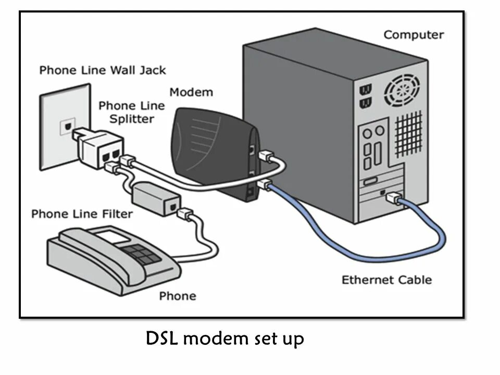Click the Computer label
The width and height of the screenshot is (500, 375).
point(414,35)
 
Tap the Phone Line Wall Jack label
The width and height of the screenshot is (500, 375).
point(103,70)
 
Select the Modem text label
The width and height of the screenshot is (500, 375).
point(191,92)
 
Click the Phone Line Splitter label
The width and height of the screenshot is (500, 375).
point(131,112)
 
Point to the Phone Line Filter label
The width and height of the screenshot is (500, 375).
point(82,214)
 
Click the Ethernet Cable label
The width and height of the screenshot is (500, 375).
point(386,280)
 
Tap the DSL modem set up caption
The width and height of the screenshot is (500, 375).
point(224,339)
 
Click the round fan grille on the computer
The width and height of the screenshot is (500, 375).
point(401,91)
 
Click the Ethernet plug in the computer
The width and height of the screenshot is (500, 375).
point(394,197)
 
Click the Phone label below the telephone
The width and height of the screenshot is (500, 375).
point(178,296)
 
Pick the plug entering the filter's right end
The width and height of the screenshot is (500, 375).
point(184,214)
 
